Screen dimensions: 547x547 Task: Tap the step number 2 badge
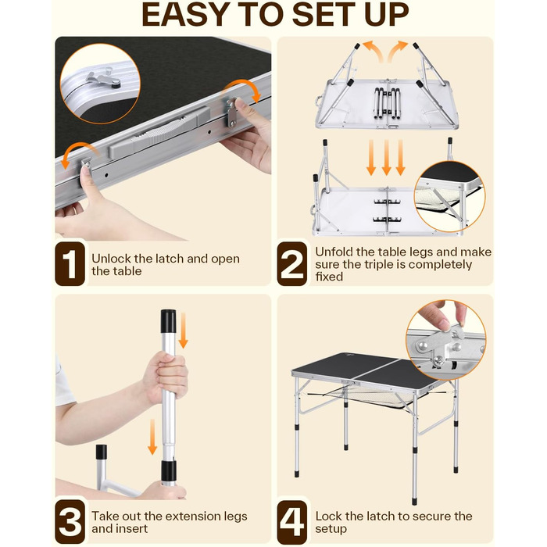(292, 264)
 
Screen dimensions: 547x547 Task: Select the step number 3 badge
(70, 521)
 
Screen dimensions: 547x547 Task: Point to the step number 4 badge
(292, 521)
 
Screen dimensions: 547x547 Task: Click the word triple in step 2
(381, 265)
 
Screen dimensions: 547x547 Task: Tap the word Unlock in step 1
(111, 259)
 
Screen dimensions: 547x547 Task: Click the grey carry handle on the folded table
(159, 133)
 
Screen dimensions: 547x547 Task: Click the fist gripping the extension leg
(165, 377)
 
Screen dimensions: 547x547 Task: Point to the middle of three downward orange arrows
(386, 158)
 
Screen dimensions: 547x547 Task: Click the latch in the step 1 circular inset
(104, 80)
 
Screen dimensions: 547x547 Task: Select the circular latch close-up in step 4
(446, 340)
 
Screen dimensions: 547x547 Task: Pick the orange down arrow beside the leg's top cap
(184, 331)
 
